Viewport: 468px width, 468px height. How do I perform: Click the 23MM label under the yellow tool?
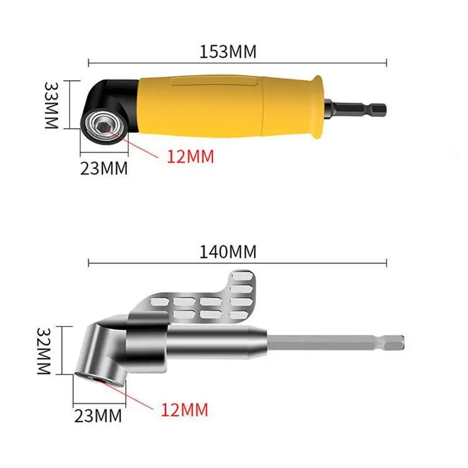[x=104, y=168]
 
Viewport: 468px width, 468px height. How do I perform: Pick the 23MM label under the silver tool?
[x=98, y=416]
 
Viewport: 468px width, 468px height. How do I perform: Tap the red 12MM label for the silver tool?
[x=184, y=409]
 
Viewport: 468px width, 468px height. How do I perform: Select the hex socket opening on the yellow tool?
[x=104, y=124]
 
